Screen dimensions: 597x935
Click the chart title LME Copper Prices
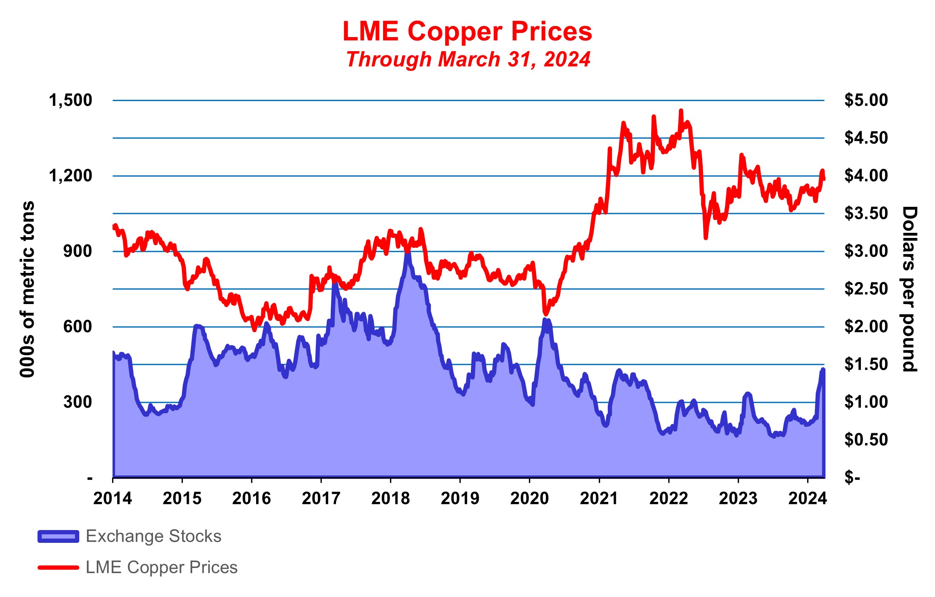[x=467, y=32]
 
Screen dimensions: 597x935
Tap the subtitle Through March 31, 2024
[x=468, y=59]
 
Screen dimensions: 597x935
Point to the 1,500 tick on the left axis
[x=70, y=101]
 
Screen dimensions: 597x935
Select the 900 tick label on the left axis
[x=78, y=251]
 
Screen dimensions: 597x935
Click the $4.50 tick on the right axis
[x=866, y=138]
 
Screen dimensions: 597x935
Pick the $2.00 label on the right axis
[x=866, y=327]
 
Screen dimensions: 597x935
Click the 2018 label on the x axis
[x=390, y=498]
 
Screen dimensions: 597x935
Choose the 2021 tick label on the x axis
[x=599, y=498]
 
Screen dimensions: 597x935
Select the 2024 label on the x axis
[x=807, y=498]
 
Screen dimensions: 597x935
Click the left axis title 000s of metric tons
[x=27, y=289]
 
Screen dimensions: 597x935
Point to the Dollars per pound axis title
[x=909, y=289]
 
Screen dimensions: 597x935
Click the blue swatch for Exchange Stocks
[x=58, y=536]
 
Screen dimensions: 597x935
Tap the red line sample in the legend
[x=58, y=568]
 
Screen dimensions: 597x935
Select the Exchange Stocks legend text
[x=153, y=536]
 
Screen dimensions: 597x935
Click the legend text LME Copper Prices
[x=162, y=568]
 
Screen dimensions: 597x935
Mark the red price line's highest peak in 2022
[x=681, y=111]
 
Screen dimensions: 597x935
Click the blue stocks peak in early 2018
[x=407, y=252]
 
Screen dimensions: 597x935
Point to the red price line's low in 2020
[x=545, y=314]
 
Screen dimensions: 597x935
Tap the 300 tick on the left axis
[x=78, y=402]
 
